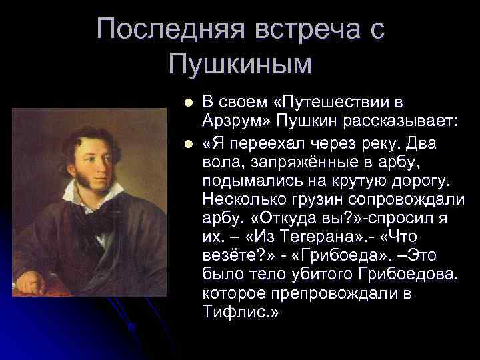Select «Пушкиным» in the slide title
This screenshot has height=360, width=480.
241,65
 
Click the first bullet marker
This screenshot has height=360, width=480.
189,104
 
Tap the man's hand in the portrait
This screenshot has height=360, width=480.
30,283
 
